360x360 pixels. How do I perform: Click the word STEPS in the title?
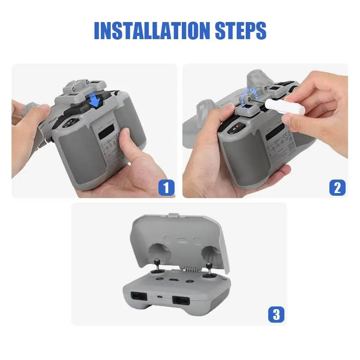coord(241,31)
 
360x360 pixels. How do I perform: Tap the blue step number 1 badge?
coord(166,187)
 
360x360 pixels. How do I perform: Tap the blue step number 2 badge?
coord(337,187)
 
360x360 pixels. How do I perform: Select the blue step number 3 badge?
coord(276,314)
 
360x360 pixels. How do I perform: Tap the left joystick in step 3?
coord(157,267)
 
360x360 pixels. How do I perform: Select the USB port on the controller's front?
coord(159,297)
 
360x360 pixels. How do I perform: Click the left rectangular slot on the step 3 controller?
coord(139,296)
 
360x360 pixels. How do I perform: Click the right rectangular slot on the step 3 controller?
coord(181,300)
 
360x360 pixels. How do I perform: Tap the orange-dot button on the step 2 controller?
coord(236,128)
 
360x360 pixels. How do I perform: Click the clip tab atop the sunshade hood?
coord(174,216)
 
